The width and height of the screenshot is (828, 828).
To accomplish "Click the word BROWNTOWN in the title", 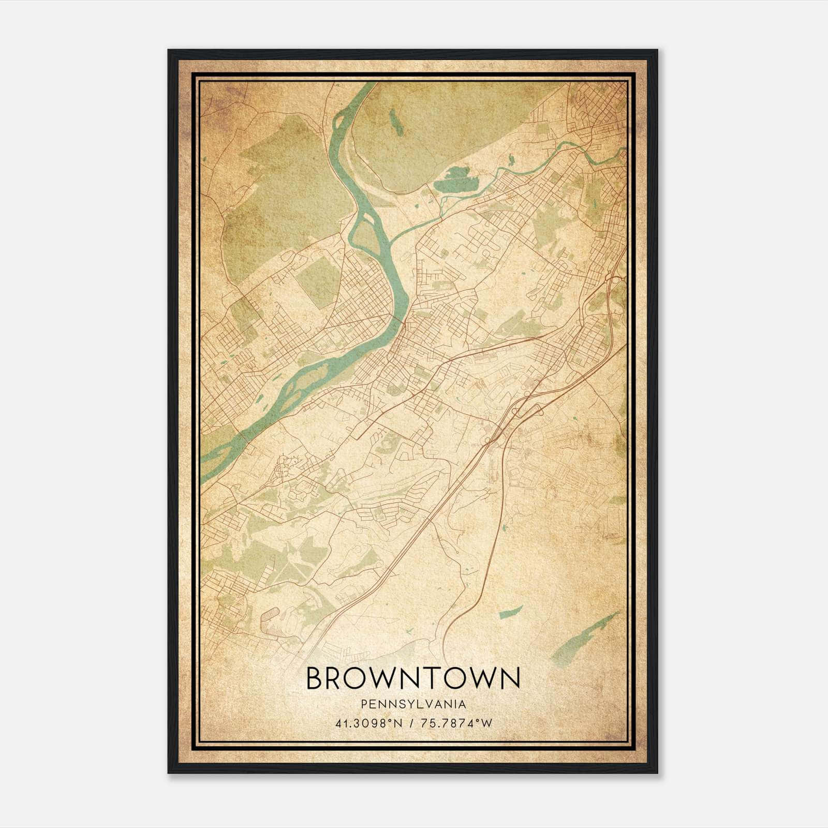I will (x=413, y=678).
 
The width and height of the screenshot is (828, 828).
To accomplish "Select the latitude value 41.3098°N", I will (x=368, y=723).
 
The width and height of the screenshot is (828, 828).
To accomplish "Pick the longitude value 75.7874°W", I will (x=456, y=723).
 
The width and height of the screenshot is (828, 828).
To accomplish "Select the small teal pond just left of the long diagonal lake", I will (x=511, y=613).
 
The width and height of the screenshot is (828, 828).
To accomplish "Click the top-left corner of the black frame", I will (x=169, y=51).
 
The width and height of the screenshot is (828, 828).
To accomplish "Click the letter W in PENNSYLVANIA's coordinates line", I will (x=485, y=723).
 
